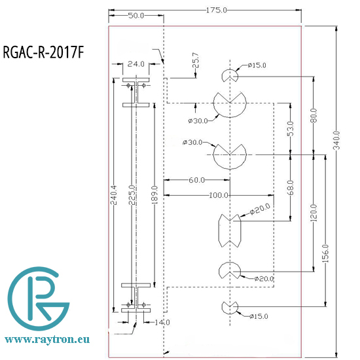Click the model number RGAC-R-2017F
click(44, 52)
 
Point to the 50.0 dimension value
click(135, 15)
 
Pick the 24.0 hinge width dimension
click(135, 64)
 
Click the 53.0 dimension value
click(290, 129)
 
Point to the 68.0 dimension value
click(290, 189)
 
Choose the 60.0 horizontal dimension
click(196, 179)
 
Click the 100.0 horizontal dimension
click(218, 195)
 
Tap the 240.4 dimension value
click(114, 196)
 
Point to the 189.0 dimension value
click(154, 194)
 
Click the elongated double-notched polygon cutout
click(228, 229)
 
